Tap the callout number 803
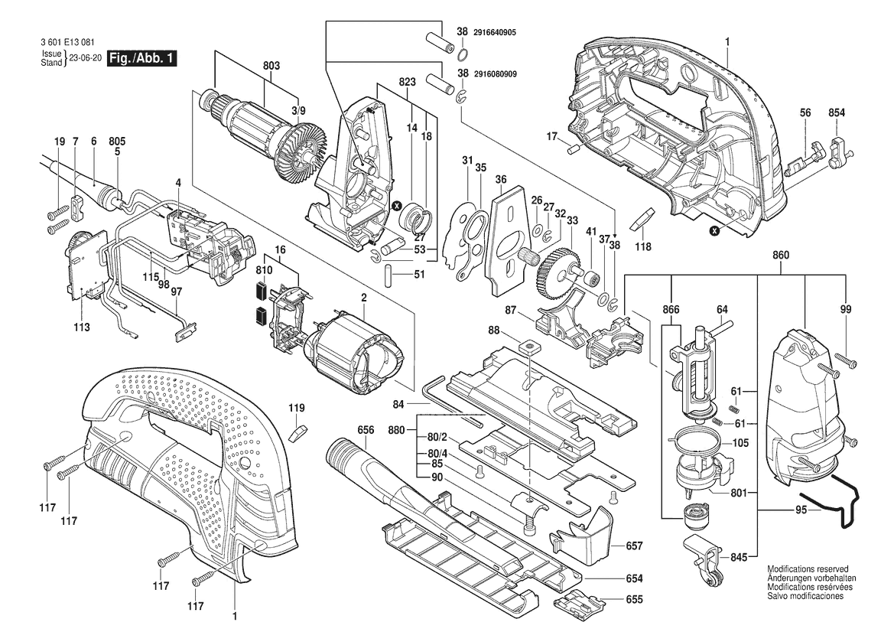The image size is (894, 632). (271, 66)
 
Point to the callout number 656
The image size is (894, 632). (366, 430)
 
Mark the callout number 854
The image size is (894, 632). (837, 112)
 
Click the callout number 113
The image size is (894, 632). (82, 327)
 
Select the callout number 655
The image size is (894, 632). (634, 600)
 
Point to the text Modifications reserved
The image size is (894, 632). (808, 570)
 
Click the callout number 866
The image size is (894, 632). (671, 310)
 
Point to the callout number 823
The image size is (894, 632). (407, 81)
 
